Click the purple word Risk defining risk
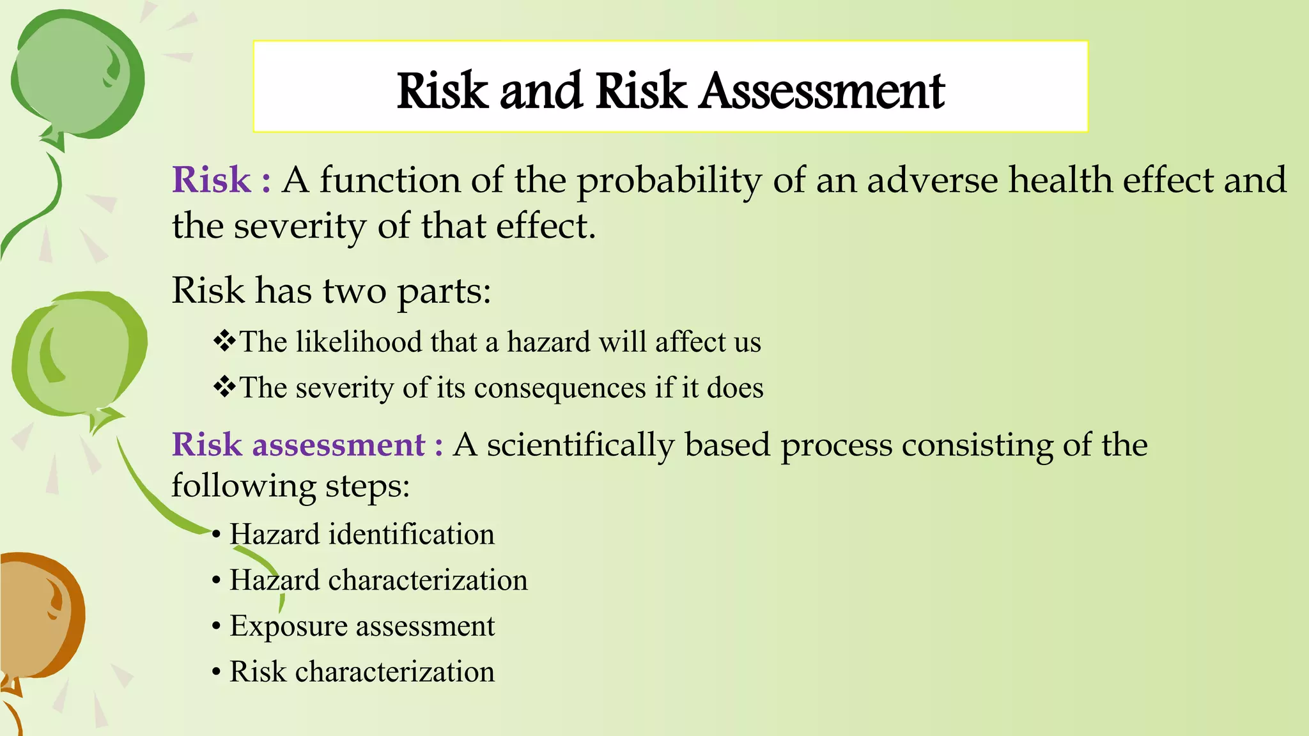212,180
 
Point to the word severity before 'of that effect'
300,227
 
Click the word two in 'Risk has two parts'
354,291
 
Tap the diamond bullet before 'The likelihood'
224,341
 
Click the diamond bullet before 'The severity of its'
224,387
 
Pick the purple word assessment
339,445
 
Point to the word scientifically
580,445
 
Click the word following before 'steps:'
244,486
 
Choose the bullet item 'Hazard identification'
362,534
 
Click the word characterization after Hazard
428,580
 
